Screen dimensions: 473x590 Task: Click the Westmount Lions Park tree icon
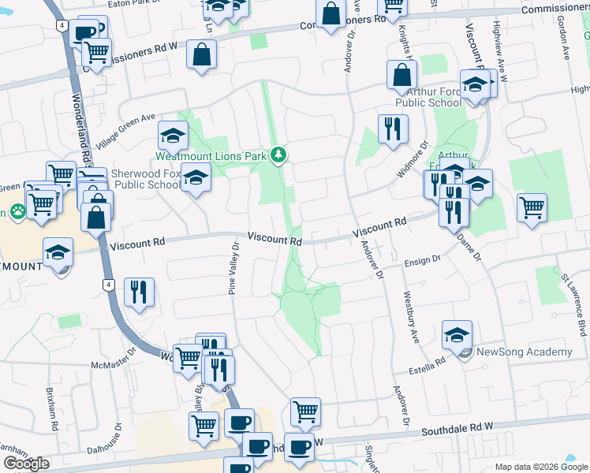[x=278, y=155]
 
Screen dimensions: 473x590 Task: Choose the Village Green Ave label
[x=126, y=132]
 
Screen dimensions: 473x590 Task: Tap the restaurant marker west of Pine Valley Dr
[x=139, y=292]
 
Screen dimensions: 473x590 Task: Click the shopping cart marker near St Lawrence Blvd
[x=532, y=208]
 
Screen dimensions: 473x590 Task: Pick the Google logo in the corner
[x=26, y=464]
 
